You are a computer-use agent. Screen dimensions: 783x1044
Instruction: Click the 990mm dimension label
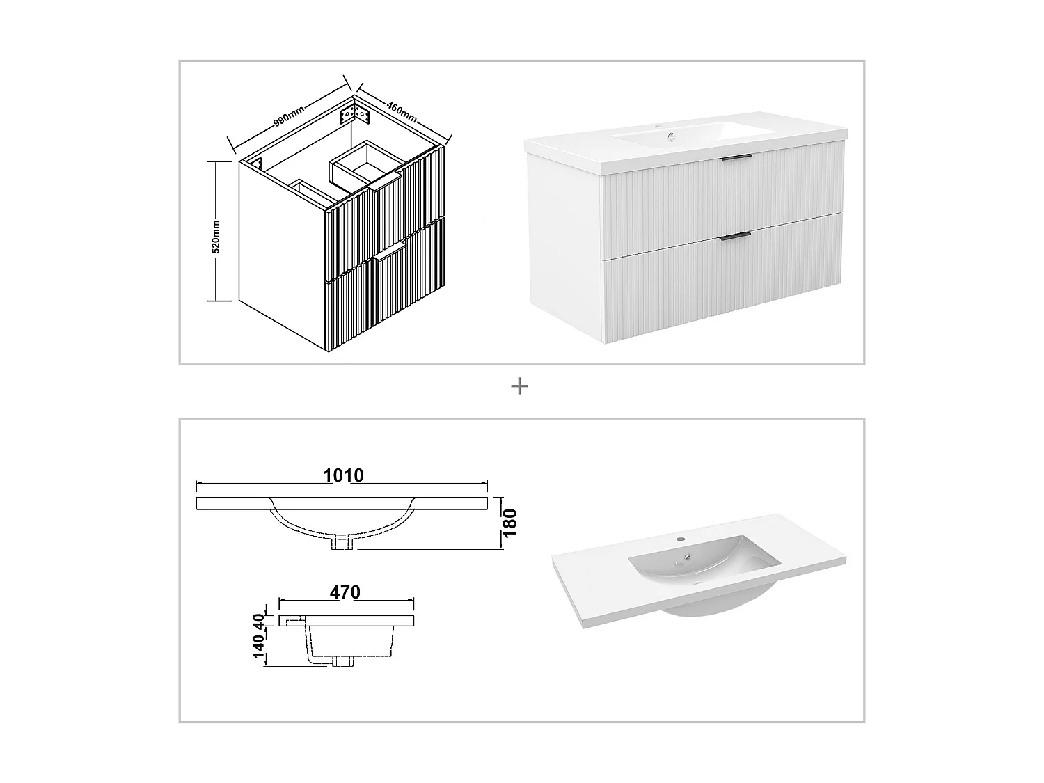288,116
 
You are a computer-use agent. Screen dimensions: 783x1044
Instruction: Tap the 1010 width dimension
343,475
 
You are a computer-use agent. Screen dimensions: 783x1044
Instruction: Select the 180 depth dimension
510,523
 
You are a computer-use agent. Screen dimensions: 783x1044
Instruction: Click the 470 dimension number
345,592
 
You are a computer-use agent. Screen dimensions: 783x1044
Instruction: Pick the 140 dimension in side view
259,647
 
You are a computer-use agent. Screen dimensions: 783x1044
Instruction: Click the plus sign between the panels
519,386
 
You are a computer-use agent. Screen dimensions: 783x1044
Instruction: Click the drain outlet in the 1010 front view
343,543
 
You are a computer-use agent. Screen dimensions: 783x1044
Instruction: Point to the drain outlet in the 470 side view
342,661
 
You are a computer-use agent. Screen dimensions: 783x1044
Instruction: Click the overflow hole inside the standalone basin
687,556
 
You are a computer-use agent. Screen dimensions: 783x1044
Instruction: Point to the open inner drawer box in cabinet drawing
362,166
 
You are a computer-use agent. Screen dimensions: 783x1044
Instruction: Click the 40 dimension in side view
259,619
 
